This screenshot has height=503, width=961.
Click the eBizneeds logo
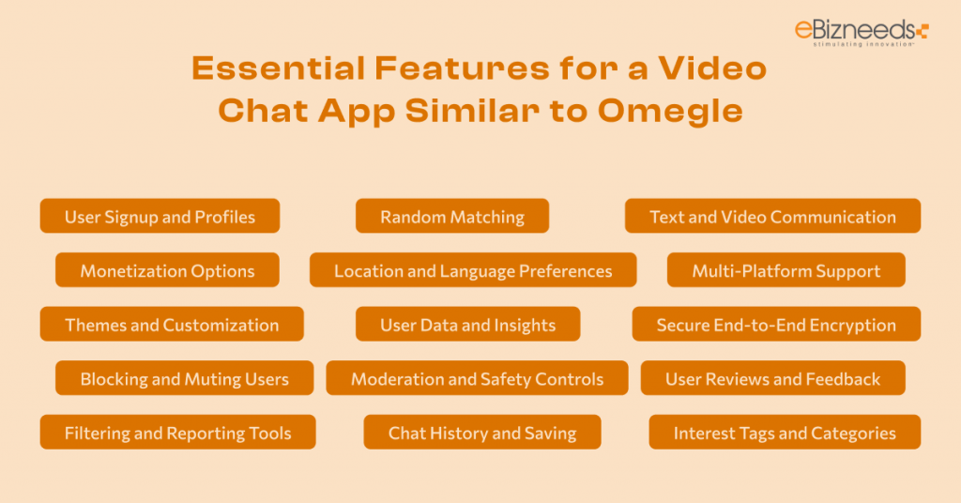point(860,29)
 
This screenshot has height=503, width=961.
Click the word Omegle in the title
point(669,110)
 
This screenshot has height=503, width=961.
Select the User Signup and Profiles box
point(160,216)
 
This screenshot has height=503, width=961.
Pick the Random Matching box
point(451,216)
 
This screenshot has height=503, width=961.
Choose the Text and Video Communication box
point(772,216)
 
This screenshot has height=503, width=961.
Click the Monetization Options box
point(167,270)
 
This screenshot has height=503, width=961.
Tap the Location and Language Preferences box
point(473,270)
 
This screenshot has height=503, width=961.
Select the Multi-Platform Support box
point(786,270)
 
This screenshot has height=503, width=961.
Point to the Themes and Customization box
point(172,325)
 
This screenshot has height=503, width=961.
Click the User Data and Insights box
point(467,325)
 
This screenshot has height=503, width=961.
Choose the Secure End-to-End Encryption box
point(775,325)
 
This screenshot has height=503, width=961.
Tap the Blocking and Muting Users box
point(184,378)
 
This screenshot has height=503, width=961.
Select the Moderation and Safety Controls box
point(477,378)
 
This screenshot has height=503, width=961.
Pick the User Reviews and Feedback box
point(772,378)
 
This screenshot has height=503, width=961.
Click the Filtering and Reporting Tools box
point(177,433)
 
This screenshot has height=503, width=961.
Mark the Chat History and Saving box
point(481,433)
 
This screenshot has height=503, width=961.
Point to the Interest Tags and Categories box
point(784,433)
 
